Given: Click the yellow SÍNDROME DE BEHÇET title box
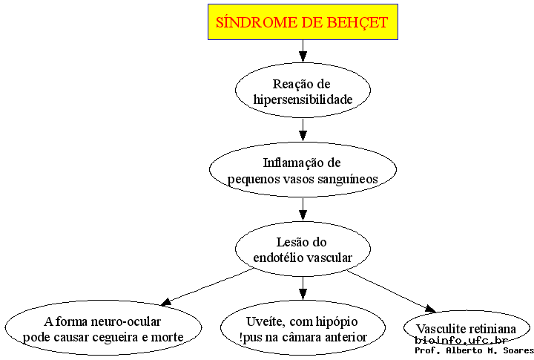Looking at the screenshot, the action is click(x=303, y=22).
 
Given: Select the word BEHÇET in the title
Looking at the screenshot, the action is click(x=357, y=23).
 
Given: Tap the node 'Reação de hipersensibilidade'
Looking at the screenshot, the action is click(x=303, y=90).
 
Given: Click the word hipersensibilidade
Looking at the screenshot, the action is click(x=303, y=99).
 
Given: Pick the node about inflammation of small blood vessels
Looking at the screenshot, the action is click(x=303, y=169).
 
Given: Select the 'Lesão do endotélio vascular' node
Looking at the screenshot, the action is click(x=303, y=249).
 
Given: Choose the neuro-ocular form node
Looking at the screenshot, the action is click(x=103, y=328).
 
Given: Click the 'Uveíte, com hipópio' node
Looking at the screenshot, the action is click(x=303, y=328).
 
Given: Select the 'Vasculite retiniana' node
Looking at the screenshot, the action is click(x=467, y=328).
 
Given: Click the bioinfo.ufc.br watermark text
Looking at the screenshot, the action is click(x=461, y=340).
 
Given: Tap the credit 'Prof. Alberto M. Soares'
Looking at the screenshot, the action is click(x=474, y=350).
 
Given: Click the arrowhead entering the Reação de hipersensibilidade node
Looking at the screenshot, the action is click(x=303, y=56).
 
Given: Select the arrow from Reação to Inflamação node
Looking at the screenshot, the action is click(x=303, y=130).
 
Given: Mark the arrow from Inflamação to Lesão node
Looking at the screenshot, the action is click(x=303, y=209).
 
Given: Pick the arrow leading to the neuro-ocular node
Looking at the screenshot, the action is click(x=207, y=287).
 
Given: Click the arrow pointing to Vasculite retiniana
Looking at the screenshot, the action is click(x=392, y=291).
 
